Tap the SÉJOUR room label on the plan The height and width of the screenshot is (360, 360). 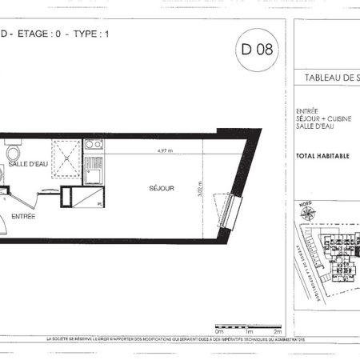(161, 189)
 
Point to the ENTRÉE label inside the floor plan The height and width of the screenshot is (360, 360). (23, 216)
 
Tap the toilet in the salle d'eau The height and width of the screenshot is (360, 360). (12, 152)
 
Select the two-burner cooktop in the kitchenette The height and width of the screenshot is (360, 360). (94, 146)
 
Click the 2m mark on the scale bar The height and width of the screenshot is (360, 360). (277, 330)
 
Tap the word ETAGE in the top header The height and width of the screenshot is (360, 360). (31, 34)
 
